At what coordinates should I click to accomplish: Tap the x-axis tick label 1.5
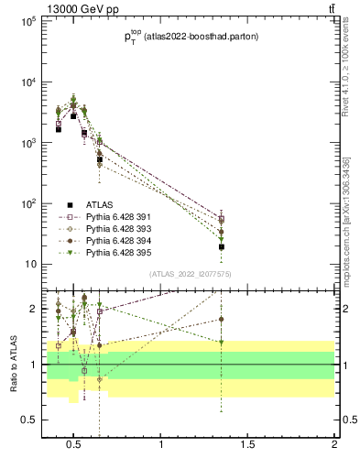(x=248, y=445)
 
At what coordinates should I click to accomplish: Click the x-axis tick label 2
(x=334, y=445)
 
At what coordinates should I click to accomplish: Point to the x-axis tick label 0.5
(x=75, y=445)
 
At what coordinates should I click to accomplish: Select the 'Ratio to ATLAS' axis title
(x=12, y=365)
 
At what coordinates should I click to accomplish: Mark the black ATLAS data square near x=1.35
(x=222, y=246)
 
